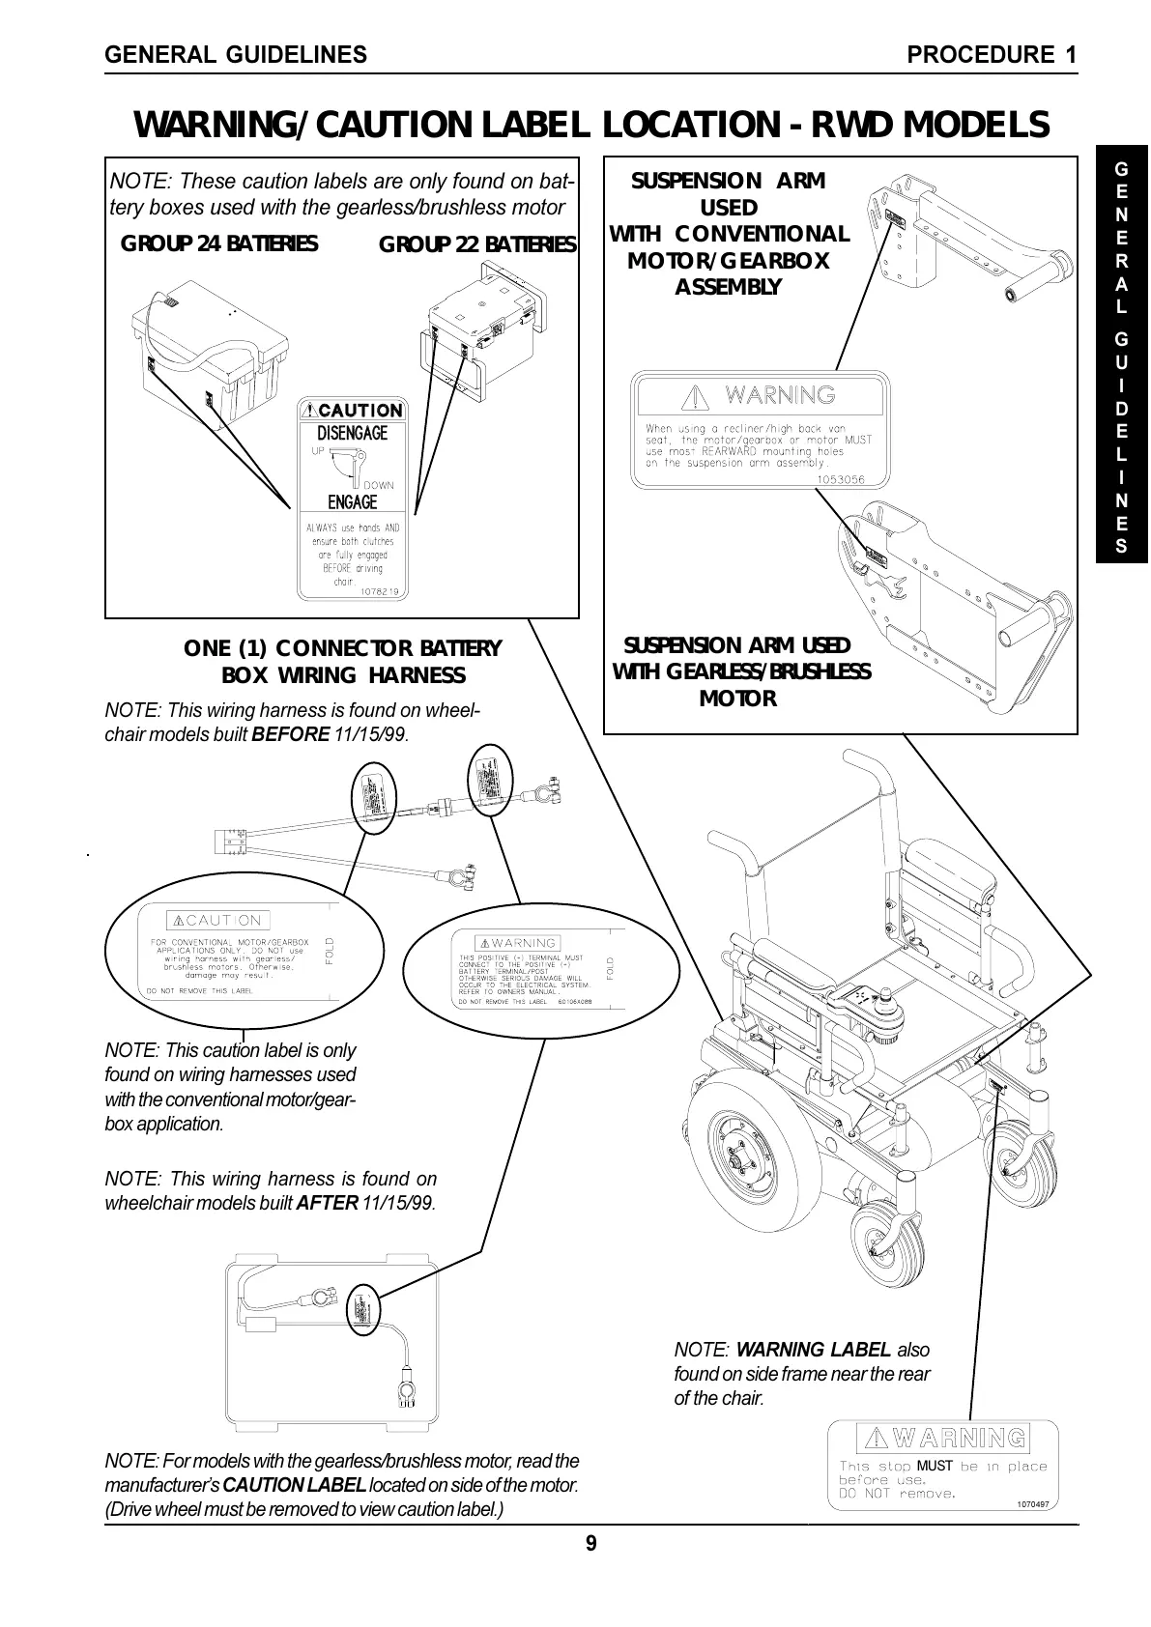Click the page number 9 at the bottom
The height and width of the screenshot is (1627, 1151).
(x=591, y=1544)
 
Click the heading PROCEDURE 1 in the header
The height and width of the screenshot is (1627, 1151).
(x=993, y=55)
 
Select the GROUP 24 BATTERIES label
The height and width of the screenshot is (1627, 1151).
(x=218, y=243)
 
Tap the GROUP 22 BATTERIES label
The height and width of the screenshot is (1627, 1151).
(x=477, y=244)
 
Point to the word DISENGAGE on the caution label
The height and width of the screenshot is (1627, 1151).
(x=353, y=433)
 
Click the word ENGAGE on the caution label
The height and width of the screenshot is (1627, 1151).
(x=353, y=501)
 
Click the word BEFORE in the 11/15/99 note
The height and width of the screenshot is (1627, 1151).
(x=291, y=734)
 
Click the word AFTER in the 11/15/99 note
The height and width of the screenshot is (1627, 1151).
(x=328, y=1204)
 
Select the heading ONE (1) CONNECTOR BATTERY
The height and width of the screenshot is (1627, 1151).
(x=343, y=647)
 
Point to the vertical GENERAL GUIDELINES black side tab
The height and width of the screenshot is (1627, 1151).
(x=1121, y=357)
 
